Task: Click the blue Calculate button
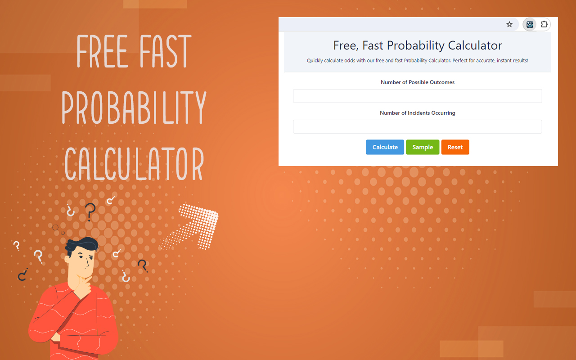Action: click(385, 147)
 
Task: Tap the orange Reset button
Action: click(455, 147)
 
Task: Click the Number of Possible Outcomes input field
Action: click(417, 96)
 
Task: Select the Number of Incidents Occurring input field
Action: click(417, 126)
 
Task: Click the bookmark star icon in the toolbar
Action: click(509, 24)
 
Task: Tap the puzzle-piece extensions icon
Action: click(544, 24)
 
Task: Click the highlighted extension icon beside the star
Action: click(530, 24)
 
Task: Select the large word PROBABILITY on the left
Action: click(134, 108)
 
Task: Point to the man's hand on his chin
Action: click(83, 284)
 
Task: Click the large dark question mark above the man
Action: click(90, 211)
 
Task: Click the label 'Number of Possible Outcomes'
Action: click(417, 82)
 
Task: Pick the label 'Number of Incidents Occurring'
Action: click(417, 113)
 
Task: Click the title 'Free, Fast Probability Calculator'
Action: click(417, 45)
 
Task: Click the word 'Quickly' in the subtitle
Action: click(315, 61)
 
